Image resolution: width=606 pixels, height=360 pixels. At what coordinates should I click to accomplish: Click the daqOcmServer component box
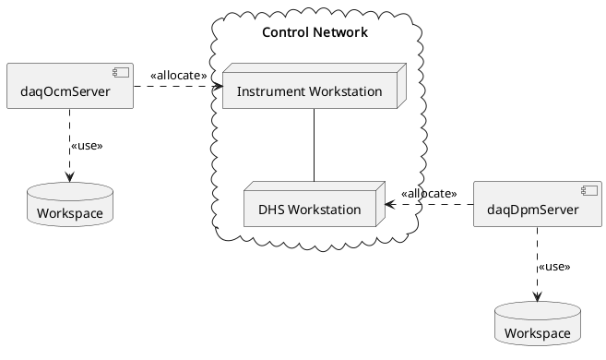coord(70,86)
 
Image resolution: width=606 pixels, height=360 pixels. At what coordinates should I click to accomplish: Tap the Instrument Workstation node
coord(308,90)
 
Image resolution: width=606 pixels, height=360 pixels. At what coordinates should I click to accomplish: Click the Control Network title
coord(315,33)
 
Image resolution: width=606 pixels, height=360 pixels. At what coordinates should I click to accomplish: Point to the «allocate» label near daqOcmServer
coord(178,75)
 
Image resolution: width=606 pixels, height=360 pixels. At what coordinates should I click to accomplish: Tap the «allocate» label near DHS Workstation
coord(429,193)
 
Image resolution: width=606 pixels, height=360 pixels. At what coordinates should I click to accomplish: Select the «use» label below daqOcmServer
coord(86,146)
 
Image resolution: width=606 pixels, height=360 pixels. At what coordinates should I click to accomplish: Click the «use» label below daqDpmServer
coord(553,266)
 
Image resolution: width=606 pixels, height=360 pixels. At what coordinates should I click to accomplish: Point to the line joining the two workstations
coord(315,145)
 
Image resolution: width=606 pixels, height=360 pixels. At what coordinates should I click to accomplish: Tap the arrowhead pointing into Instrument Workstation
coord(220,87)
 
